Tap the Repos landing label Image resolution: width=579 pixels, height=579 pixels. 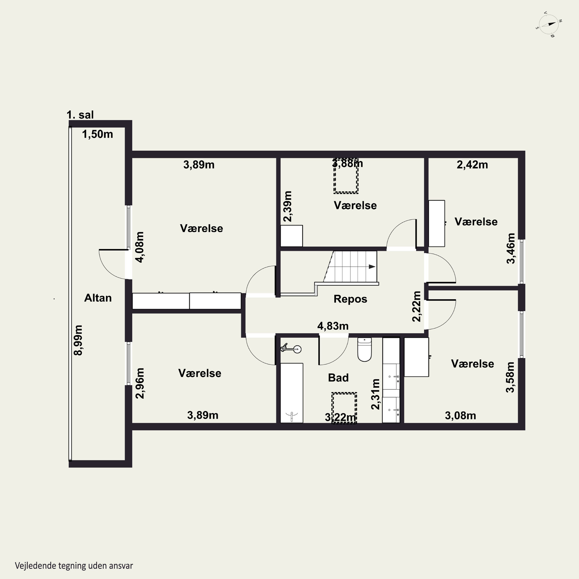point(350,299)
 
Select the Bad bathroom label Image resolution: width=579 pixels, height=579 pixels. point(338,378)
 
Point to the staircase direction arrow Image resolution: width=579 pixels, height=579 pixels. point(372,266)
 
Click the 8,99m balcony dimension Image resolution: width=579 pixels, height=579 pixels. point(78,340)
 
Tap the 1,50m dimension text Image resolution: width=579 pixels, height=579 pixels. point(97,134)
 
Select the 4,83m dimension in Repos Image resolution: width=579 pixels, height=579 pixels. point(333,326)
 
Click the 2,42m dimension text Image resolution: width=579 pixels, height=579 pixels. point(472,165)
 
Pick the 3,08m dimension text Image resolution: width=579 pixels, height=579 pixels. point(460,416)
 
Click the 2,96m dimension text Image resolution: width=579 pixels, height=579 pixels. point(140,383)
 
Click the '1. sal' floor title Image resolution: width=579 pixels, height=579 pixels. point(80,115)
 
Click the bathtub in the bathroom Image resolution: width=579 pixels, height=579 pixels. point(292,393)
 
